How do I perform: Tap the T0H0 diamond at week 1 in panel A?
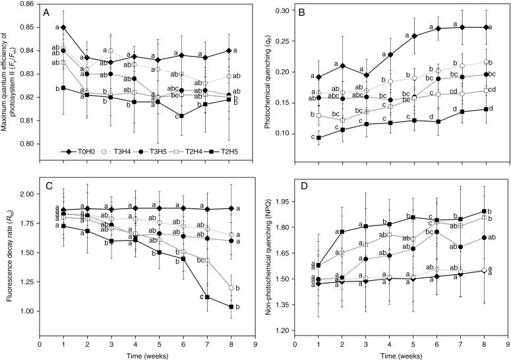coord(63,27)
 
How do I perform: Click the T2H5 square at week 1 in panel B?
coord(319,138)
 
